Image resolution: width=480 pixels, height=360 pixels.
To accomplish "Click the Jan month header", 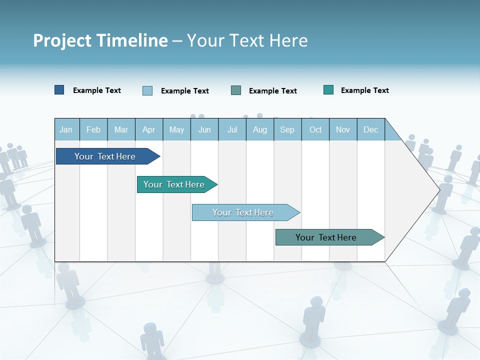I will [66, 129].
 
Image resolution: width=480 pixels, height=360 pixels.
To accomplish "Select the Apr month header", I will [149, 129].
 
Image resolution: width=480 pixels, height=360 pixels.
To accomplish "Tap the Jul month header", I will [232, 129].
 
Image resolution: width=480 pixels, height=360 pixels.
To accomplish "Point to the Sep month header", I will [287, 129].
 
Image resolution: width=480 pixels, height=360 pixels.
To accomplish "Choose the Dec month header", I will [370, 129].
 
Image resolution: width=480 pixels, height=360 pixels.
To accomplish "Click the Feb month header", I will [93, 129].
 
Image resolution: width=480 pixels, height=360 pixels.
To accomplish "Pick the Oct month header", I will [315, 129].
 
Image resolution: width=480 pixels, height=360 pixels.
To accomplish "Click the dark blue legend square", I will [59, 90].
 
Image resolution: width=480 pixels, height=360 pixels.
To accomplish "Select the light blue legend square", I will [147, 90].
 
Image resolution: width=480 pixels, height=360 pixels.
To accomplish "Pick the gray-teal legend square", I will [236, 90].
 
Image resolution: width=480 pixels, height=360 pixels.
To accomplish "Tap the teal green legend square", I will [328, 90].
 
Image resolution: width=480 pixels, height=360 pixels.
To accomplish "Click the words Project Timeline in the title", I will [100, 40].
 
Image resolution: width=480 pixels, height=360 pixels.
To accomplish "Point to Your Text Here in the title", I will [247, 40].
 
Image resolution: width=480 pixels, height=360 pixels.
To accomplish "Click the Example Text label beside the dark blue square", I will [97, 90].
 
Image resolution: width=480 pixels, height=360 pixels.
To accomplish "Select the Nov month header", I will [343, 129].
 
